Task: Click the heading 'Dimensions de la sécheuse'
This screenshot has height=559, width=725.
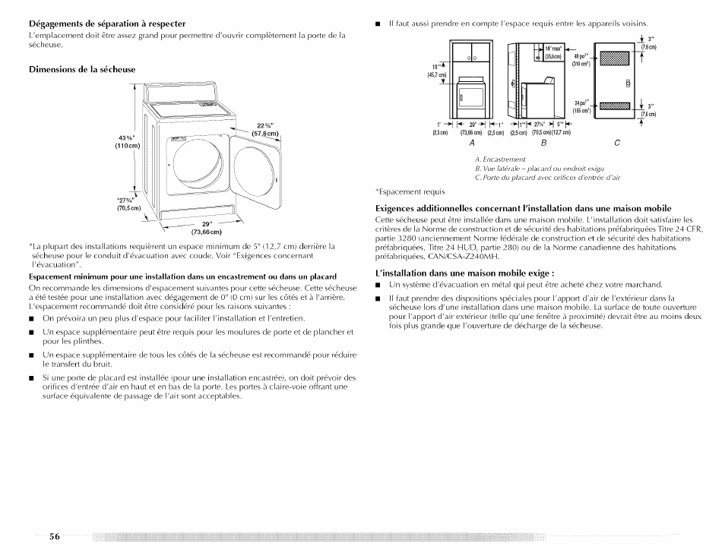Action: click(82, 69)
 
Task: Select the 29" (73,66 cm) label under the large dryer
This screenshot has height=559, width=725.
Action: click(206, 227)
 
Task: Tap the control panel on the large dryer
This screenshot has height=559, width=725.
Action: click(198, 103)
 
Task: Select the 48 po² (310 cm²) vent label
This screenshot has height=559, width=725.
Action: click(581, 60)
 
